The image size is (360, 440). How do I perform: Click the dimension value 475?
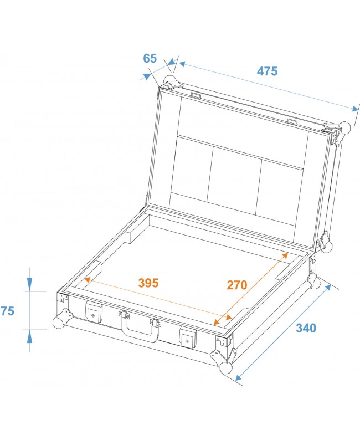[x=267, y=71]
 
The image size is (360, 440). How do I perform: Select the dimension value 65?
[x=150, y=58]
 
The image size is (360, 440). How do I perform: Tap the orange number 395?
[x=148, y=283]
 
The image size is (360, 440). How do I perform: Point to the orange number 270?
[x=236, y=285]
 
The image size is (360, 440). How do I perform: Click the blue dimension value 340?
[x=305, y=328]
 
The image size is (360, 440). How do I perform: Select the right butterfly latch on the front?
[x=188, y=337]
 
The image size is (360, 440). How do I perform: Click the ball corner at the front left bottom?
[x=59, y=323]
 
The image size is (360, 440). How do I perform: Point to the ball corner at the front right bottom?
[x=226, y=368]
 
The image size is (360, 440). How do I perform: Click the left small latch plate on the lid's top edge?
[x=196, y=96]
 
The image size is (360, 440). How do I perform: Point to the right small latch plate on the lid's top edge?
[x=293, y=121]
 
